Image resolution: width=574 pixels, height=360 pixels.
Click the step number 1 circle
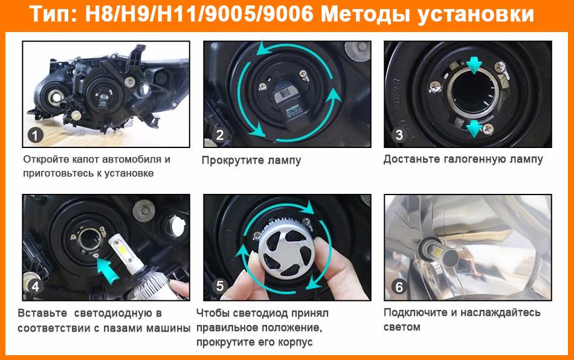[36, 135]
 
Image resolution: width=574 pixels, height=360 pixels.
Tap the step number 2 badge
[220, 135]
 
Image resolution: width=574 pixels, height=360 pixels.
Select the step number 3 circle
[399, 135]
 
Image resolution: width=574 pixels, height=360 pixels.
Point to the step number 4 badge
[36, 286]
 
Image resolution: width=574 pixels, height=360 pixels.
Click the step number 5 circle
[220, 286]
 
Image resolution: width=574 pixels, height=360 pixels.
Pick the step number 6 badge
[399, 287]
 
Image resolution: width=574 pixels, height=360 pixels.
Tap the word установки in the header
[476, 15]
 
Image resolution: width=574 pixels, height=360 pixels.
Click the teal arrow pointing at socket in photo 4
[108, 269]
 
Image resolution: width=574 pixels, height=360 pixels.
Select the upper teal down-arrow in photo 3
[474, 65]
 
